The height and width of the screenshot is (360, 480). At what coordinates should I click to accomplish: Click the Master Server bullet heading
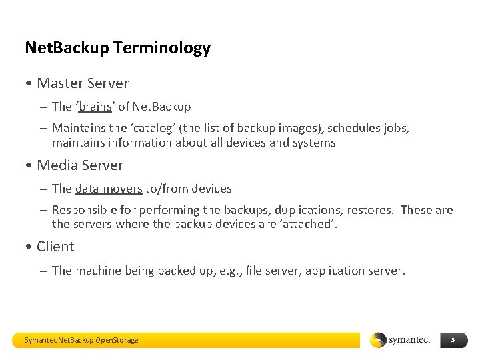pos(83,83)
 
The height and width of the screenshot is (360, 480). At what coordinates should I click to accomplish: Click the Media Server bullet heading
pos(80,165)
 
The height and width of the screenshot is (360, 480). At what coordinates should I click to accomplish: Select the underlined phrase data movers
pos(109,189)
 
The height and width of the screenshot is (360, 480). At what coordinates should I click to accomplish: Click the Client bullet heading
pos(55,247)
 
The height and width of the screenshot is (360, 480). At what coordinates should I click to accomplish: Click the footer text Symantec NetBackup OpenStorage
pos(81,340)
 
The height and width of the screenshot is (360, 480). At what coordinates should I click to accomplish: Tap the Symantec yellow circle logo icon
pos(378,340)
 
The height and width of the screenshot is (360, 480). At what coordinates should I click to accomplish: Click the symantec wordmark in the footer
pos(409,340)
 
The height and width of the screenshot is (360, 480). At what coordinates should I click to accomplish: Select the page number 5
pos(453,340)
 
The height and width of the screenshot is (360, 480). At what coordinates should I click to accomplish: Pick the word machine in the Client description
pos(100,271)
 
